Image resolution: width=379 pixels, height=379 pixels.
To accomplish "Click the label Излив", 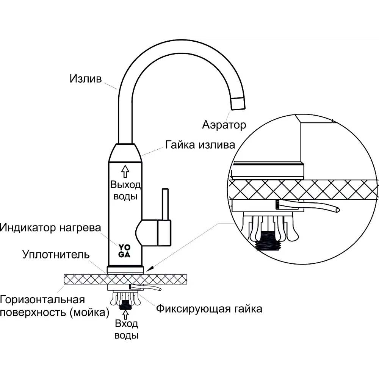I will click(x=86, y=79).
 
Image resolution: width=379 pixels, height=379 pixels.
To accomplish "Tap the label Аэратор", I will click(x=224, y=124).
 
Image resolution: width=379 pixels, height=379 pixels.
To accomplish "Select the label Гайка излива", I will click(x=200, y=145).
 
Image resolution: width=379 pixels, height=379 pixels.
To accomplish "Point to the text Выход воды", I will click(x=125, y=191).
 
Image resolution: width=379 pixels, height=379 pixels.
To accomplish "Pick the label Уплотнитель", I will click(x=56, y=254).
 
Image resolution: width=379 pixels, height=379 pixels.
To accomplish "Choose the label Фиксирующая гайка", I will click(x=209, y=309).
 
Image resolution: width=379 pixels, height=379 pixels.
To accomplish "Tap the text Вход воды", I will click(x=126, y=329).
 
